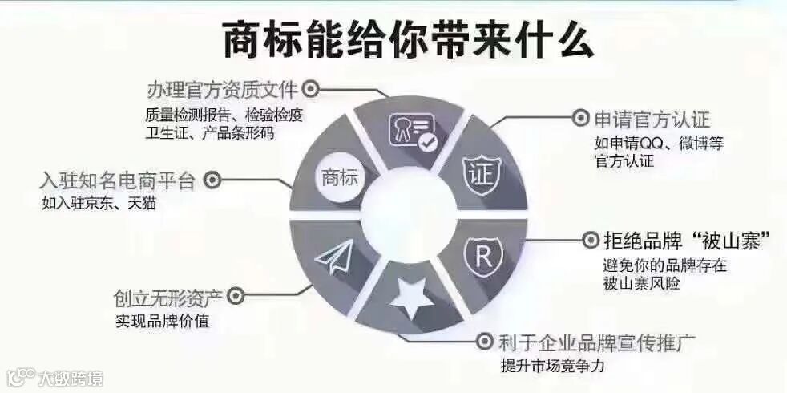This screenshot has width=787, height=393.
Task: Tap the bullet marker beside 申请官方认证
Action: point(580,120)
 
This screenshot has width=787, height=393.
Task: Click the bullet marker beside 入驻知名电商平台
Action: point(212,180)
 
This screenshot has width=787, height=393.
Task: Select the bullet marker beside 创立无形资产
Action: point(235,297)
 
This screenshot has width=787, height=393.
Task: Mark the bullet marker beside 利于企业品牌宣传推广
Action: point(484,342)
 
